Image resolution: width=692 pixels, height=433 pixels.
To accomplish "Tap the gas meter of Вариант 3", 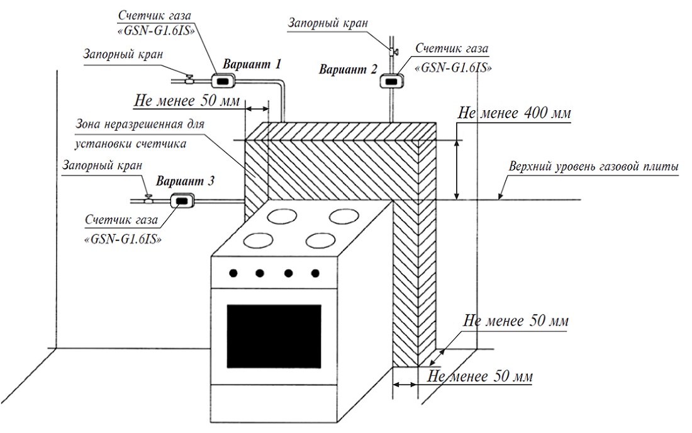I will [x=182, y=200].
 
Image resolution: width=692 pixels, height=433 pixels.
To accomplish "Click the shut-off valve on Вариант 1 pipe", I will [x=189, y=79].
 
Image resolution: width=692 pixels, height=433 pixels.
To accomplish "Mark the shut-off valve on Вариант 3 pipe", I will [x=148, y=198].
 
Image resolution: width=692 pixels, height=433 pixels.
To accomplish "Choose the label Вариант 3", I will [x=186, y=181].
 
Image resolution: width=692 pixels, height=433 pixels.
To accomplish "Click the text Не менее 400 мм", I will [x=515, y=113].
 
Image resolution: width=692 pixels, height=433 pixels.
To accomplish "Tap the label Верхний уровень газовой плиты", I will [x=593, y=167].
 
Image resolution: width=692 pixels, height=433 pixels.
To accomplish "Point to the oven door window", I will [x=273, y=334].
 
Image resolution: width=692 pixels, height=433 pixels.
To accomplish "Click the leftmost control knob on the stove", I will [x=233, y=273].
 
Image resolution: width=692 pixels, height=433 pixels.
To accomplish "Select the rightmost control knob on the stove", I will [x=314, y=273].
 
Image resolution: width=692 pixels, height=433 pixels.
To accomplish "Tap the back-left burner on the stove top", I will [x=282, y=217].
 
